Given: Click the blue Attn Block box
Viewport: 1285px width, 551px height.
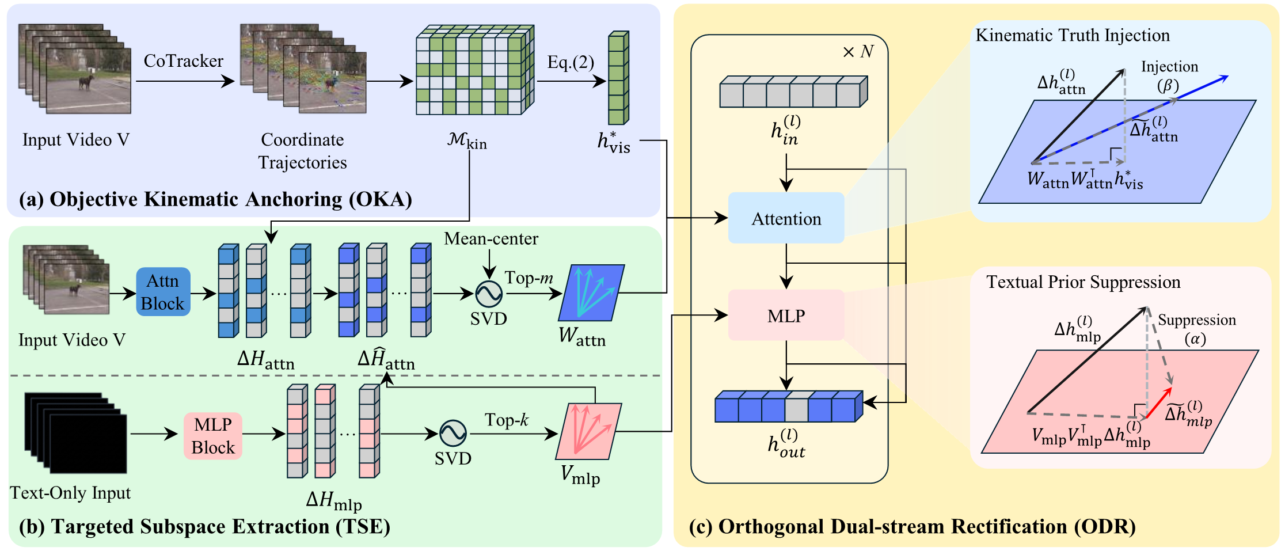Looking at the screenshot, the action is (163, 292).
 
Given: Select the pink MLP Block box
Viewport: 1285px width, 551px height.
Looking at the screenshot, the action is (213, 436).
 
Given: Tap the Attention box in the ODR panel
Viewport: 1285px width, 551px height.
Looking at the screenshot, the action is (786, 218).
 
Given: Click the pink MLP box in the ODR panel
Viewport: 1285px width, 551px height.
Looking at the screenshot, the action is (786, 316).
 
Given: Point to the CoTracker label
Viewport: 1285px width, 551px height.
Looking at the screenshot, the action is (184, 61).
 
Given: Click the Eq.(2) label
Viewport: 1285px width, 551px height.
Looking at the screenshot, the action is (571, 62).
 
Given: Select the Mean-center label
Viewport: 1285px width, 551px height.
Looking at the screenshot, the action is (491, 238).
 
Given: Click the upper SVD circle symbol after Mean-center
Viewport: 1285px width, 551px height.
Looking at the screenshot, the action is (489, 294).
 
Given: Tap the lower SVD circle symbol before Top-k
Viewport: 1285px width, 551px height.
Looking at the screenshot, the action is (453, 434).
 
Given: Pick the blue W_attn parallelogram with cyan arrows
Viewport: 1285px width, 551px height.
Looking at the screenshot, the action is (591, 292).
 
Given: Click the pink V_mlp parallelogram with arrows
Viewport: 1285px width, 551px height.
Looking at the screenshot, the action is (588, 431).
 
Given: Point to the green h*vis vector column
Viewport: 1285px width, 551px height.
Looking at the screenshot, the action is (618, 78).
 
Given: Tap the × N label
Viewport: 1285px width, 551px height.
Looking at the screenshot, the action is (858, 52).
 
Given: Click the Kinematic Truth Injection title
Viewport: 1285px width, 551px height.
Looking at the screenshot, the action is (1073, 36).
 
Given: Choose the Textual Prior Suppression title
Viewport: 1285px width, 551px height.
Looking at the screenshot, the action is (1083, 282).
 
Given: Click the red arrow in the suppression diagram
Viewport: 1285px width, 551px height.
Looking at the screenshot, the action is (1158, 402).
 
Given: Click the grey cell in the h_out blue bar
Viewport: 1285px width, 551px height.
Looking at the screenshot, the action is (796, 410).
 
